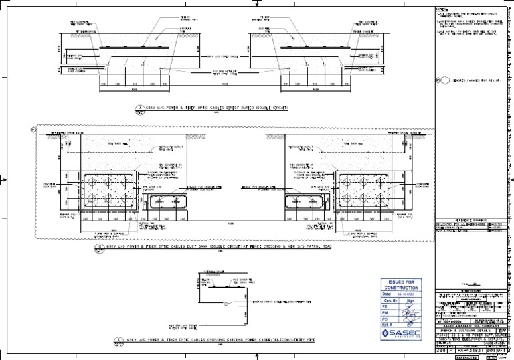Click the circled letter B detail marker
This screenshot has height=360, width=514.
tap(99, 246)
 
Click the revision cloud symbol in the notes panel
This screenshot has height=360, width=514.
tap(440, 80)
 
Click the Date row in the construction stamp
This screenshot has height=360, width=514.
tap(402, 294)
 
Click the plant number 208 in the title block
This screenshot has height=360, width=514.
tap(440, 349)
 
